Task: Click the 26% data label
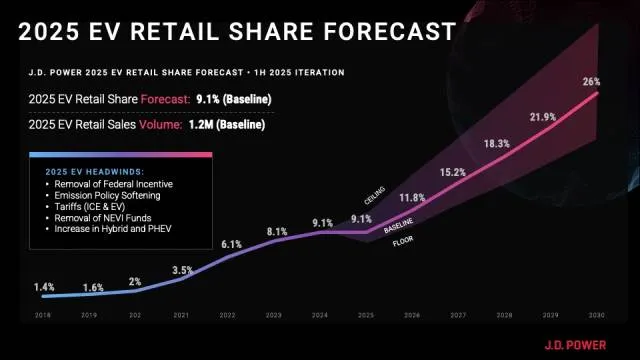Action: [x=591, y=81]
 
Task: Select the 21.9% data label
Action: [x=543, y=117]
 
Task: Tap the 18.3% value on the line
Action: [x=497, y=144]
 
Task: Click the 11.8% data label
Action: [x=412, y=198]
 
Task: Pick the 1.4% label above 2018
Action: [x=43, y=287]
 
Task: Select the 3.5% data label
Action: [x=182, y=270]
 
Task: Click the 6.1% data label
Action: [x=231, y=244]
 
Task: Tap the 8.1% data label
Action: [x=277, y=231]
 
